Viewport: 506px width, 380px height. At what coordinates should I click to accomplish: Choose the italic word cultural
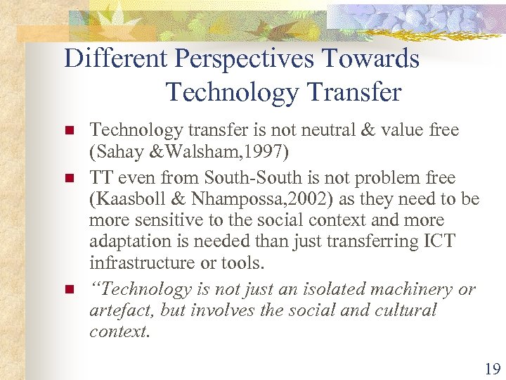[401, 310]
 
